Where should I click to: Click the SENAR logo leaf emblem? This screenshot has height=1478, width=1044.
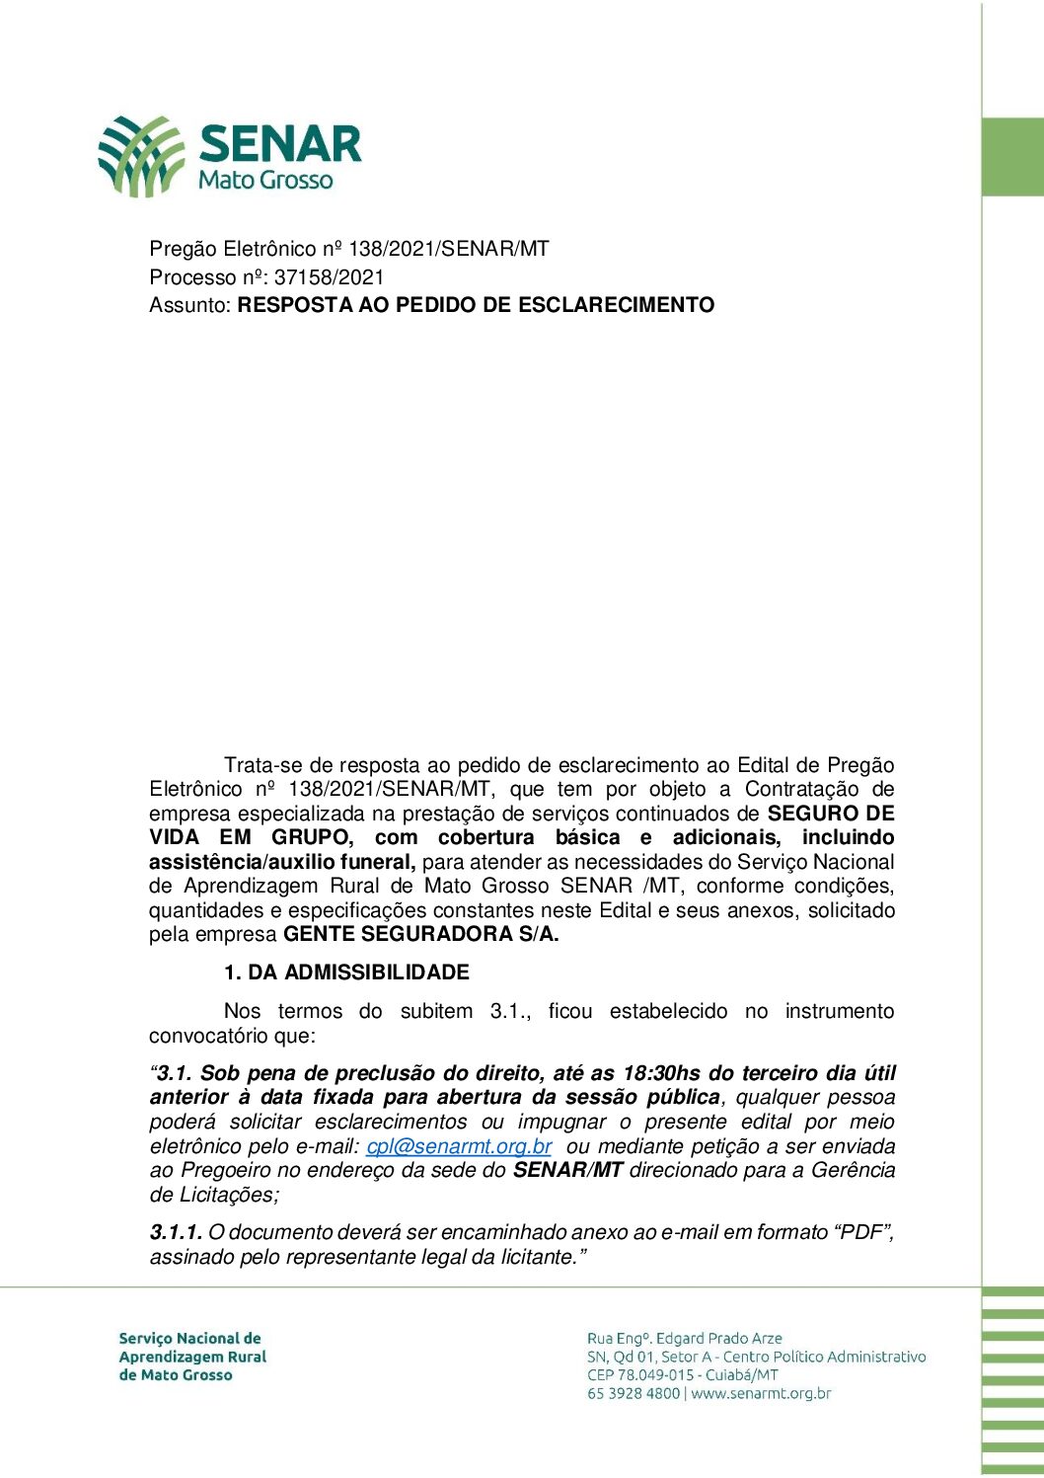(x=141, y=156)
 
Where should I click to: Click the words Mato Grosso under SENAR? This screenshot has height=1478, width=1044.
(x=265, y=181)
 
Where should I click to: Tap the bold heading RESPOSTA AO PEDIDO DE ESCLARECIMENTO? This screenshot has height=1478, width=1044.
(x=476, y=305)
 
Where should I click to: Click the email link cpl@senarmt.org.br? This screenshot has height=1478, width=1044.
(x=459, y=1146)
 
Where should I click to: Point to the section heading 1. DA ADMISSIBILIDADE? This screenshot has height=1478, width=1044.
(x=346, y=972)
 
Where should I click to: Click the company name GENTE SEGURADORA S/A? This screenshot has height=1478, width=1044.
(x=420, y=934)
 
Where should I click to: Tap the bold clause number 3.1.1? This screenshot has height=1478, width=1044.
(x=176, y=1232)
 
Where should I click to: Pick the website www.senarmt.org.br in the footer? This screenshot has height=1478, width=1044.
(x=761, y=1394)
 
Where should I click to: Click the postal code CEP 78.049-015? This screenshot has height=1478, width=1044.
(x=640, y=1375)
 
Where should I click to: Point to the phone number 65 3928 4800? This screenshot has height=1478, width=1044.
(x=633, y=1394)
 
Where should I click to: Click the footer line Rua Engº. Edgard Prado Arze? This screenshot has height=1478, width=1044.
(x=684, y=1339)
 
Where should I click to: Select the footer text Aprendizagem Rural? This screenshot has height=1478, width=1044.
(x=192, y=1357)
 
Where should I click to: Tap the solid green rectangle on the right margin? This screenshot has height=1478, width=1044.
(x=1012, y=157)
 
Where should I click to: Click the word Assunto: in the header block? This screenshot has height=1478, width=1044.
(x=190, y=305)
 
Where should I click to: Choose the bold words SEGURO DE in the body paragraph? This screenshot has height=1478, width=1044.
(x=831, y=814)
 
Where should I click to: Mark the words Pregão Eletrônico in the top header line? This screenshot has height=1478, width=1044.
(x=233, y=249)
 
